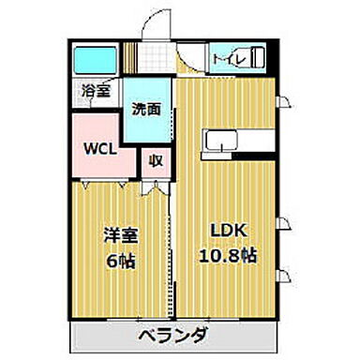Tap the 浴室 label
95,92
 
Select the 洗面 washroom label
146,109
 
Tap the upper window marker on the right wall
287,101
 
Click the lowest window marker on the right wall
287,274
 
